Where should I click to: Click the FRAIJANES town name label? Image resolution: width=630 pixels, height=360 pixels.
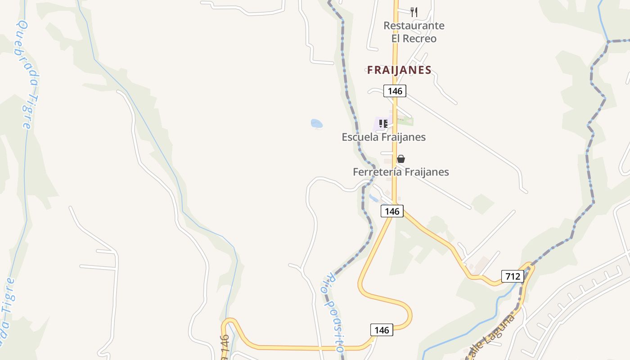pyautogui.click(x=399, y=70)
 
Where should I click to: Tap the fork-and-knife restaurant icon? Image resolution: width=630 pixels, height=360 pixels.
pyautogui.click(x=414, y=12)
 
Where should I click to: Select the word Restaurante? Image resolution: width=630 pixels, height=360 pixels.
pyautogui.click(x=414, y=26)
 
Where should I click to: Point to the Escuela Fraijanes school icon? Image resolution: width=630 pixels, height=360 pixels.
pyautogui.click(x=383, y=123)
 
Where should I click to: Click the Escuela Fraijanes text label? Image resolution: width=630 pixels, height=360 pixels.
pyautogui.click(x=383, y=137)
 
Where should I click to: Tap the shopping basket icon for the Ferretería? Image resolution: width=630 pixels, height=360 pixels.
pyautogui.click(x=401, y=159)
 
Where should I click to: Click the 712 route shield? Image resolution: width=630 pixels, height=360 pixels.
pyautogui.click(x=513, y=276)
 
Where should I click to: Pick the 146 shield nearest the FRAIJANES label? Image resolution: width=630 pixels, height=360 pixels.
pyautogui.click(x=395, y=91)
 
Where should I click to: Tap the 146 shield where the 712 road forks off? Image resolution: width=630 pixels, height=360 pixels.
pyautogui.click(x=392, y=211)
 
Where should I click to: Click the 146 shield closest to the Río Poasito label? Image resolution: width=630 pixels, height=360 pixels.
pyautogui.click(x=382, y=330)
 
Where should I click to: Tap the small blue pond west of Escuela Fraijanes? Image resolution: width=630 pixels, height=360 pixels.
pyautogui.click(x=317, y=123)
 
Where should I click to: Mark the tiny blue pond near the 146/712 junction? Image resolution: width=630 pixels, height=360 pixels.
pyautogui.click(x=374, y=198)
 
